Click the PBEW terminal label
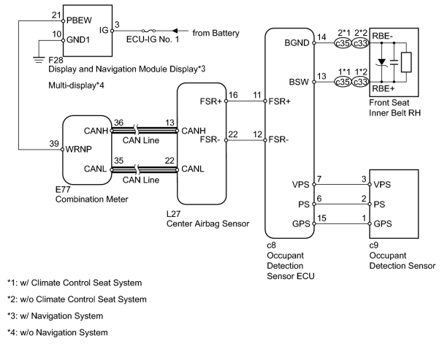coord(79,20)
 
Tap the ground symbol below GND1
coord(39,60)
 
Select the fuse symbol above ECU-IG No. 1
coord(148,31)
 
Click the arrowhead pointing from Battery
coord(175,31)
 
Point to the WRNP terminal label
coord(79,149)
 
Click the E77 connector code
coord(63,189)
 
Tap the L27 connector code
coord(173,214)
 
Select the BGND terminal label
coord(297,43)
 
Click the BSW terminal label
coord(299,82)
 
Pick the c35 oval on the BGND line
coord(343,43)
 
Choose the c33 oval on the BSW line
coord(360,82)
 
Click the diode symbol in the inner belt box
coord(382,62)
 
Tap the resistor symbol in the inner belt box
coord(406,62)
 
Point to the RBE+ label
coord(383,88)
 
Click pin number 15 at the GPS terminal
coord(321,218)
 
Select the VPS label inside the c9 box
coord(382,185)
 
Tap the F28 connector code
coord(56,60)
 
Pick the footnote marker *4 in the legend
coord(11,332)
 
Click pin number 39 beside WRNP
coord(54,144)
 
